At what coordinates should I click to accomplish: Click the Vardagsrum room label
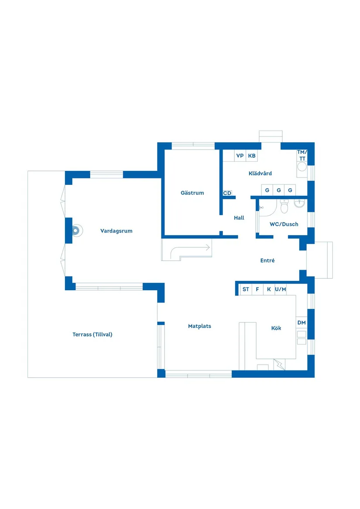coord(116,231)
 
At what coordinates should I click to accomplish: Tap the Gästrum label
coord(192,193)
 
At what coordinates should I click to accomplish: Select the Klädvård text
coord(260,173)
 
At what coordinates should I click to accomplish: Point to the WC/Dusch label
coord(284,224)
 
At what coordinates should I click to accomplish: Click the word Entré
coord(267,260)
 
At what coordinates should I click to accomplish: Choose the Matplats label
coord(199,326)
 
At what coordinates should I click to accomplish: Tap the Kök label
coord(276,328)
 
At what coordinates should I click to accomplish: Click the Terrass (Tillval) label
coord(93,335)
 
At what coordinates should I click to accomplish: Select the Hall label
coord(239,218)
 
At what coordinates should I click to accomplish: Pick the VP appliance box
coord(240,156)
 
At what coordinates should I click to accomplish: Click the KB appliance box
coord(252,156)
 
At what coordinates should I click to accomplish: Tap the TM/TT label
coord(302,155)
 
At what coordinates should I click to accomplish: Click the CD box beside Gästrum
coord(227,193)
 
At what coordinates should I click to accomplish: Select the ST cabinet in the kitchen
coord(246,289)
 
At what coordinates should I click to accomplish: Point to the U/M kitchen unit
coord(281,289)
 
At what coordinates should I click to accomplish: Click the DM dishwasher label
coord(302,323)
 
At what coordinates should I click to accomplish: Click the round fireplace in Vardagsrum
coord(77,231)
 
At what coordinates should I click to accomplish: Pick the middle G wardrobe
coord(278,190)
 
